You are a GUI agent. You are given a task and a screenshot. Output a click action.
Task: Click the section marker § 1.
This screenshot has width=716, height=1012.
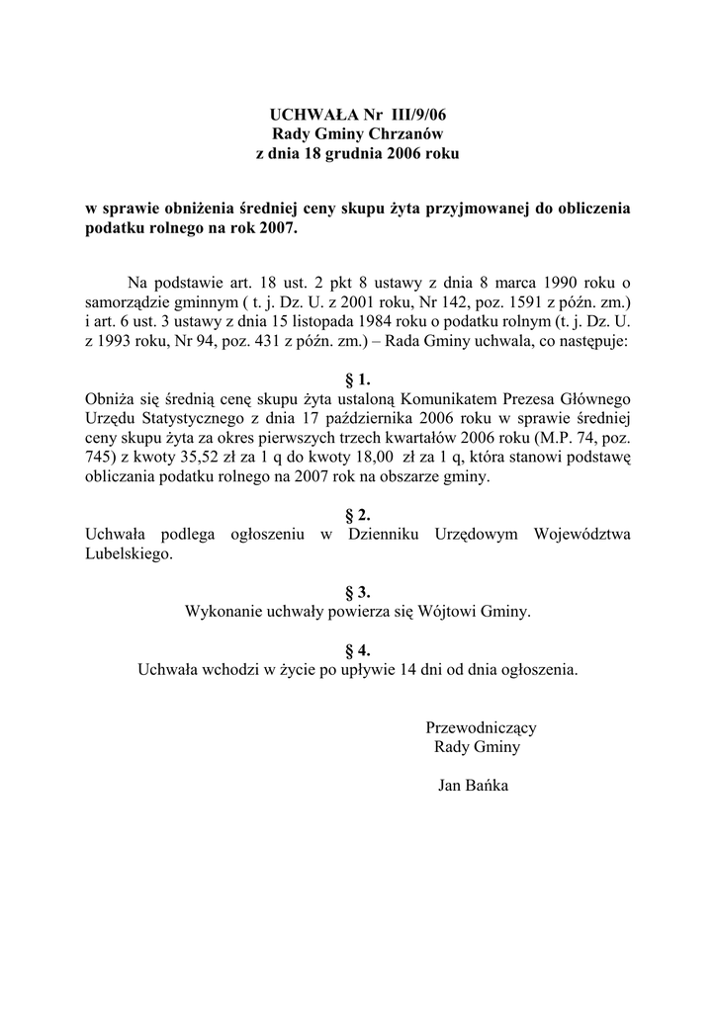coord(357,379)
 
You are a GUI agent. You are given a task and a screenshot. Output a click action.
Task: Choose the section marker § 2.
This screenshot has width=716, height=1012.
coord(357,515)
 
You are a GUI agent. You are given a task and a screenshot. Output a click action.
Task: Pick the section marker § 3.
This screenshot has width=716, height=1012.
coord(357,592)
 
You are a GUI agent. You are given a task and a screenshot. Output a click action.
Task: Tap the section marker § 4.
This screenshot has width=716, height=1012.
coord(357,649)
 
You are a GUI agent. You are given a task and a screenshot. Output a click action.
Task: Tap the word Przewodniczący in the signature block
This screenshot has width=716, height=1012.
coord(481,727)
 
